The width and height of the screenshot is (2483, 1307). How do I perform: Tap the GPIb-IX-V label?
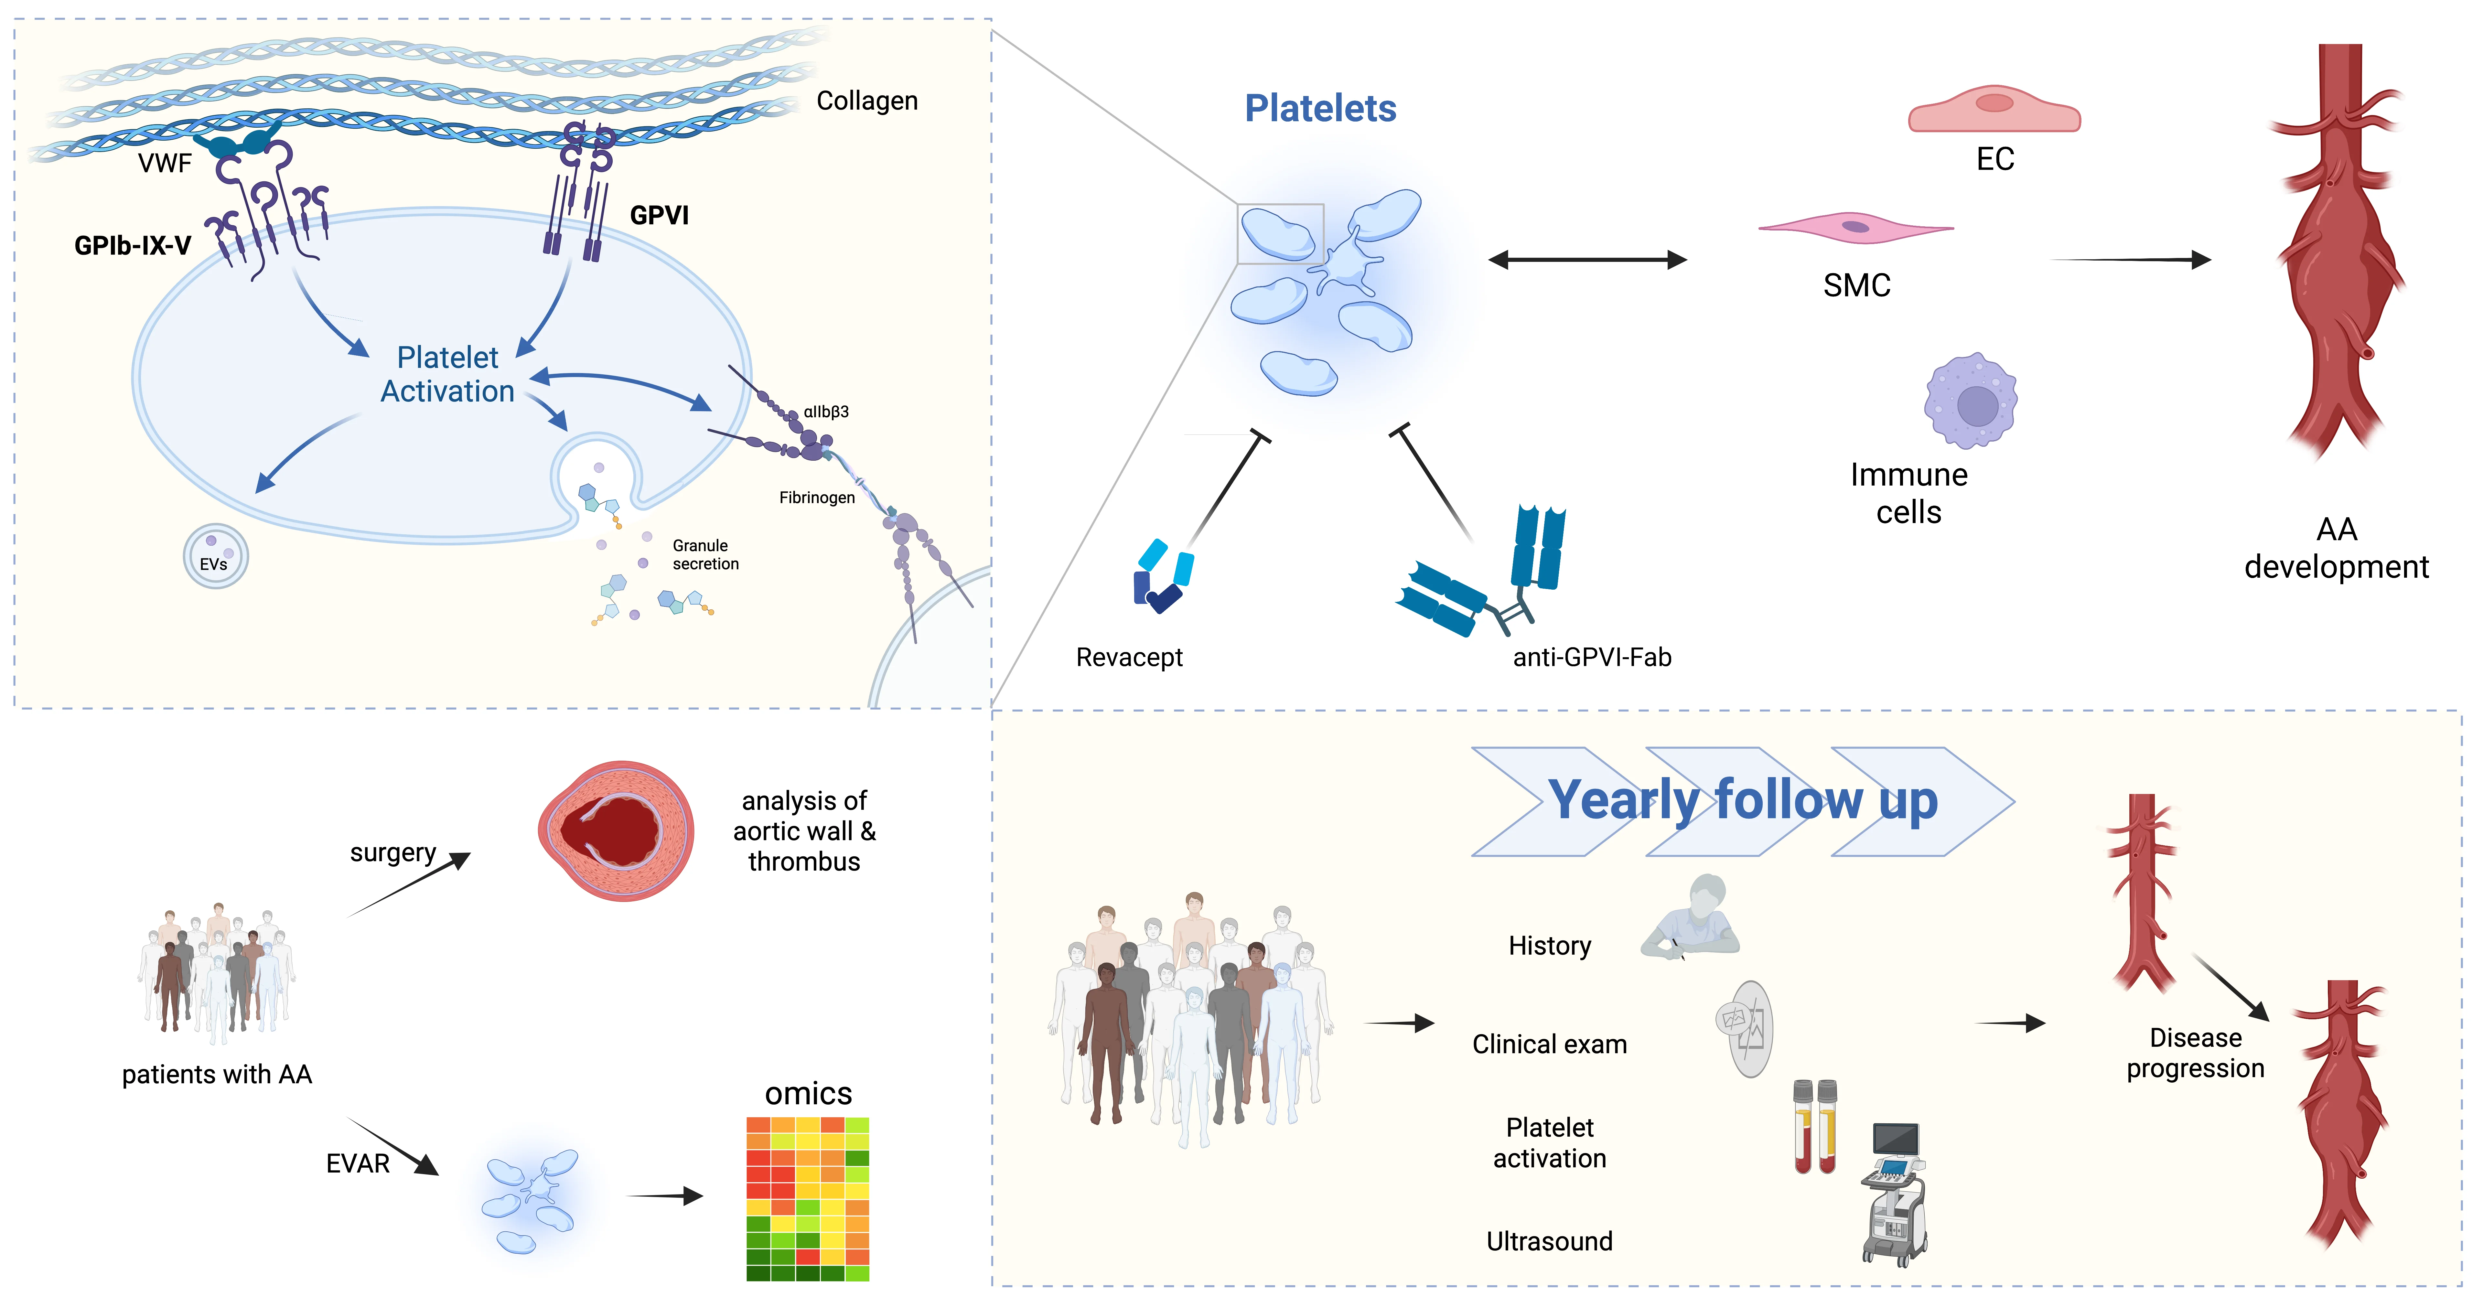click(x=133, y=246)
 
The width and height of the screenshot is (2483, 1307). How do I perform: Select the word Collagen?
click(x=866, y=101)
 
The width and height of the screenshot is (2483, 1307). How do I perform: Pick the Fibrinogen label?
click(x=816, y=497)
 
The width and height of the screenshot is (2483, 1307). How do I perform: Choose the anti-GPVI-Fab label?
click(x=1591, y=657)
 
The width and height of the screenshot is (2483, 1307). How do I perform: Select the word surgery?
click(x=392, y=853)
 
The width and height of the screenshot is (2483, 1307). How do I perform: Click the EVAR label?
click(x=358, y=1163)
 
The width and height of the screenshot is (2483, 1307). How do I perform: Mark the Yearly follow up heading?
click(x=1743, y=800)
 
